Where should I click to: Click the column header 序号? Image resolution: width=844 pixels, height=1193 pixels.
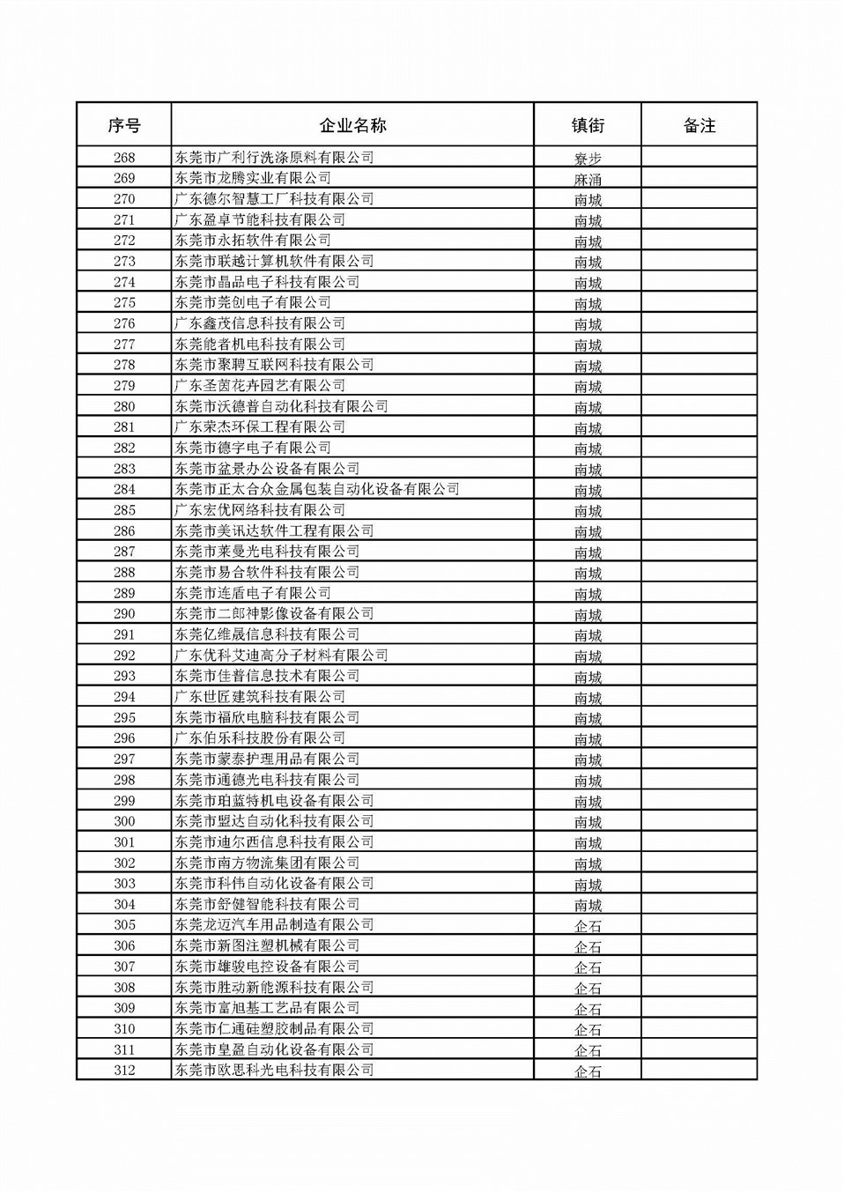tap(124, 125)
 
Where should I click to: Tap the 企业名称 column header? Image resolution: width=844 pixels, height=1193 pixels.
tap(352, 125)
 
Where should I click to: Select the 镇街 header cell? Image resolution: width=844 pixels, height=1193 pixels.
tap(588, 125)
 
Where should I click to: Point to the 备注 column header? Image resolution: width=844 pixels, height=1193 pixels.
tap(699, 125)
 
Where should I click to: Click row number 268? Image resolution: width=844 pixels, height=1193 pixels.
tap(124, 158)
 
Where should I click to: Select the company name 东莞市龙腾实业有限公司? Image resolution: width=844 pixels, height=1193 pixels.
tap(253, 178)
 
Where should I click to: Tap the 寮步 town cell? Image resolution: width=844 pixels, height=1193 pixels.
tap(588, 159)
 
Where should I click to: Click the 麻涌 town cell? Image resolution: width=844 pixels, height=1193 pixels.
tap(588, 179)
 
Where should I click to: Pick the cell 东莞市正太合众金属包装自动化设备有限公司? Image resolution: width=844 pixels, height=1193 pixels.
tap(317, 489)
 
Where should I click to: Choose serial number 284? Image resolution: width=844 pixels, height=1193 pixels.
tap(124, 489)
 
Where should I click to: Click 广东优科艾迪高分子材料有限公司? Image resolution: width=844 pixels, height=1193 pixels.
tap(281, 656)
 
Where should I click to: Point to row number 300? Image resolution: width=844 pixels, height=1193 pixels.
tap(124, 821)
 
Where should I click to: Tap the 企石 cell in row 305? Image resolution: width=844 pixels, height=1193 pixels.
tap(588, 926)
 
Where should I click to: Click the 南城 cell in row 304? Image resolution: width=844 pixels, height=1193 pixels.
tap(588, 905)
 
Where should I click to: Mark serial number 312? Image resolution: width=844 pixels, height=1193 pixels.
tap(124, 1071)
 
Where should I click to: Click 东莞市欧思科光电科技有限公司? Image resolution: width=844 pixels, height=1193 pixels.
tap(274, 1071)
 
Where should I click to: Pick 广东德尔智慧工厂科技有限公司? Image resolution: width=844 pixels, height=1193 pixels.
tap(274, 199)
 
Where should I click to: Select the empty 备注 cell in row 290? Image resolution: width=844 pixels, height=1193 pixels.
tap(699, 614)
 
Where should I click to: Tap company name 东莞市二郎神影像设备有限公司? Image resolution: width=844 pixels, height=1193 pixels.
tap(274, 614)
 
